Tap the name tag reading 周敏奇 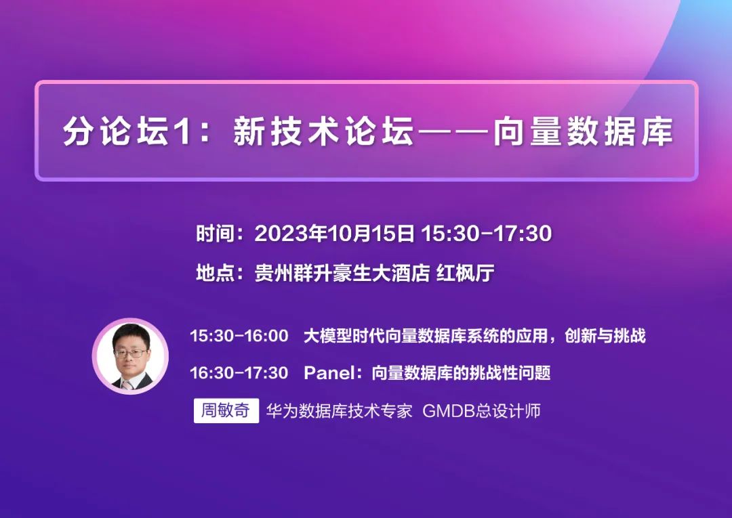pos(226,411)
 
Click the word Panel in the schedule pos(329,373)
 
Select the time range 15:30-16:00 pos(239,336)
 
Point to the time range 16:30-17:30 pos(239,373)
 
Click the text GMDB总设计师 pos(481,411)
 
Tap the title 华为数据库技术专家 pos(340,411)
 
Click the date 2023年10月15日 pos(334,233)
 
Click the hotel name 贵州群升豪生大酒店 pos(342,273)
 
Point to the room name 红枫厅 pos(465,273)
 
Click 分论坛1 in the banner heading pos(127,131)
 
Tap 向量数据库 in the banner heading pos(584,131)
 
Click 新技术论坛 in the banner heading pos(323,131)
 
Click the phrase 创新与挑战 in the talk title pos(605,336)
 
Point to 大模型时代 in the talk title pos(344,336)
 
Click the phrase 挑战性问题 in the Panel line pos(510,373)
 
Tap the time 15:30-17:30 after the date pos(487,233)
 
